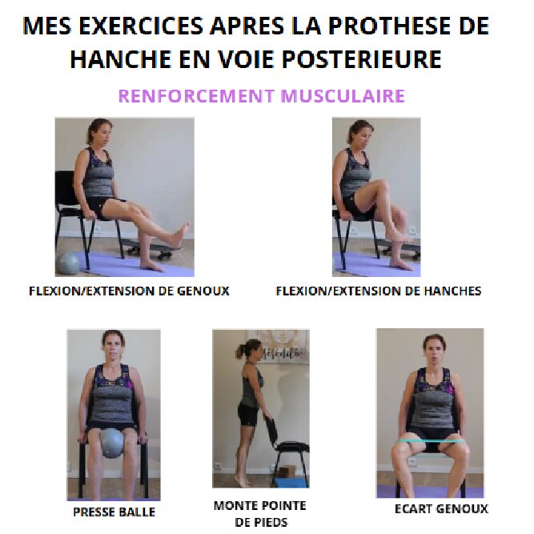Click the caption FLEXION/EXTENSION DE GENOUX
129,291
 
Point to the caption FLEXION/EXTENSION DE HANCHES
379,291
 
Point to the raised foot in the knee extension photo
180,233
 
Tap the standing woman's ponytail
239,352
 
